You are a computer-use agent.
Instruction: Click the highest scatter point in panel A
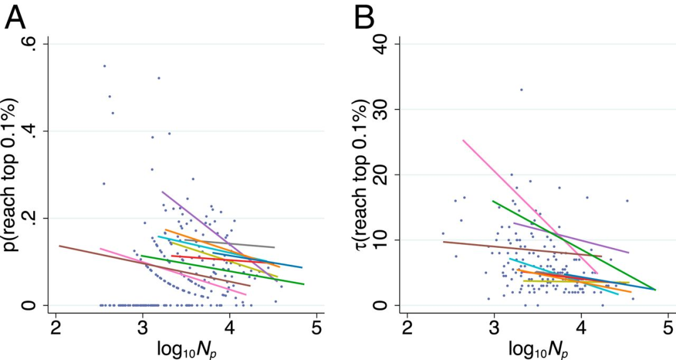[105, 66]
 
